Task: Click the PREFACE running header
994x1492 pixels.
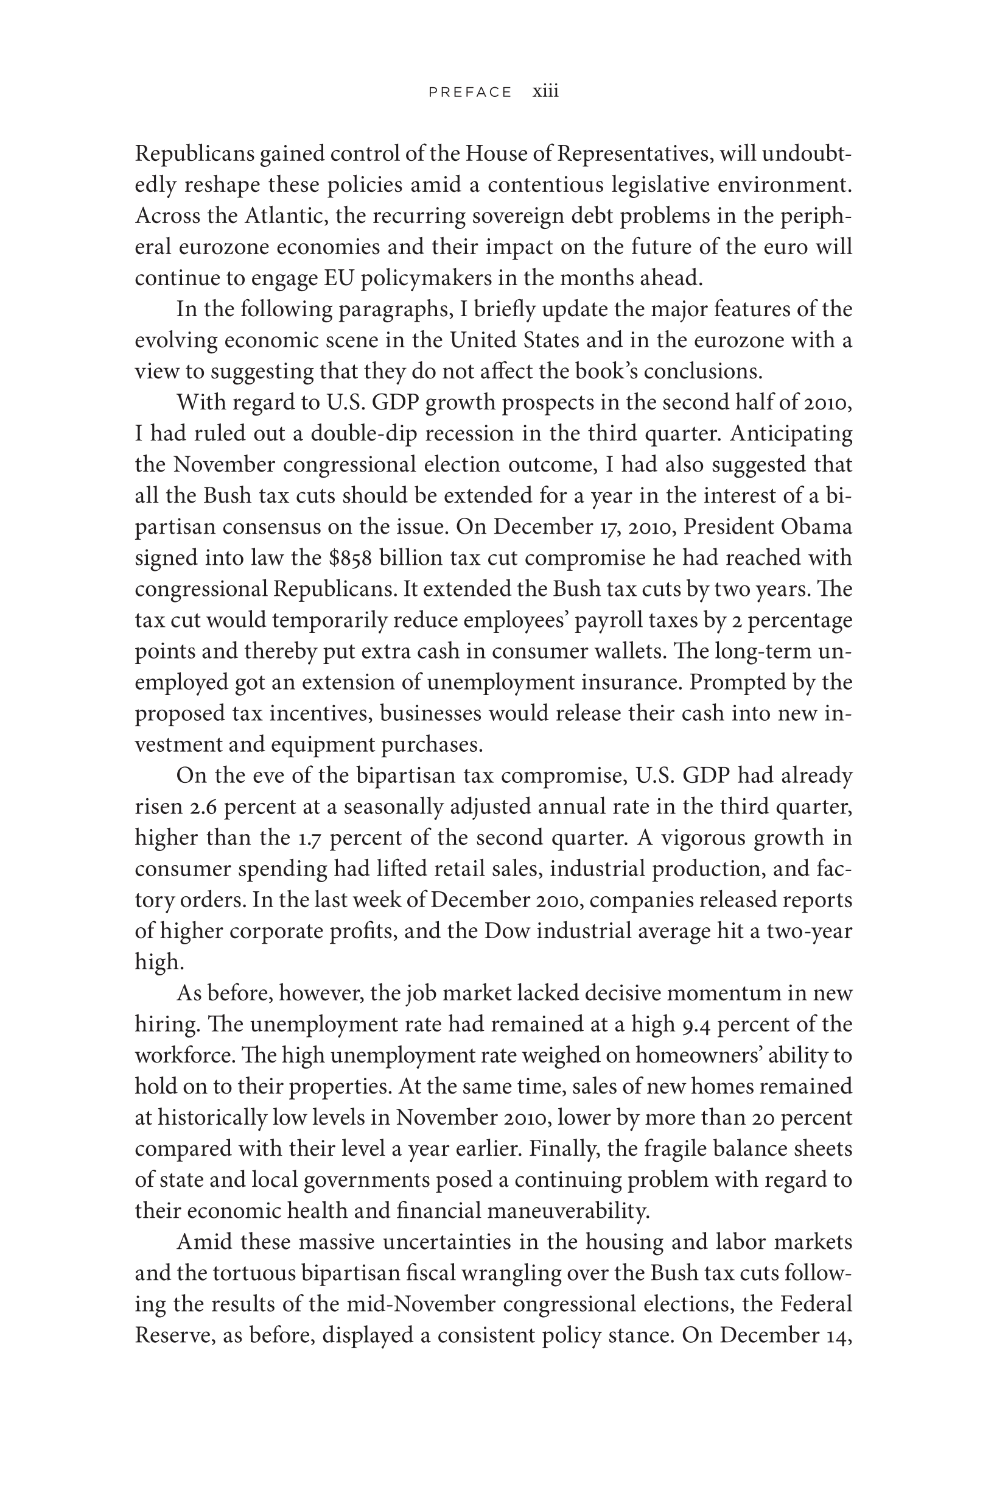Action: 470,93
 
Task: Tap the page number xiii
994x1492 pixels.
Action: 545,91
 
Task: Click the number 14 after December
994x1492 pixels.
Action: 838,1335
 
